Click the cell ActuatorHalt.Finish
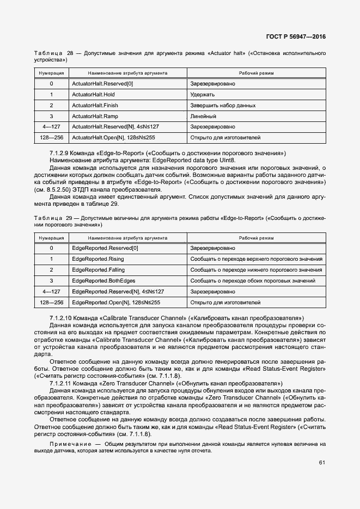point(95,105)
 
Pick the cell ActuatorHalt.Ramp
point(95,116)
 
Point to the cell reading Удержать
point(203,95)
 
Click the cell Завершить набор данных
point(223,105)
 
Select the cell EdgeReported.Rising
point(98,259)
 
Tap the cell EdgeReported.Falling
point(98,270)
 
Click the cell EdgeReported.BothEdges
point(102,280)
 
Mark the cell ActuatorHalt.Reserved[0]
point(102,84)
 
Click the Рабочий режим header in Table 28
point(257,73)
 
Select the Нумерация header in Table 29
point(51,238)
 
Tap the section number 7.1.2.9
point(59,153)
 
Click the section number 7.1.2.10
point(60,317)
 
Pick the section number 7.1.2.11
point(60,383)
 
